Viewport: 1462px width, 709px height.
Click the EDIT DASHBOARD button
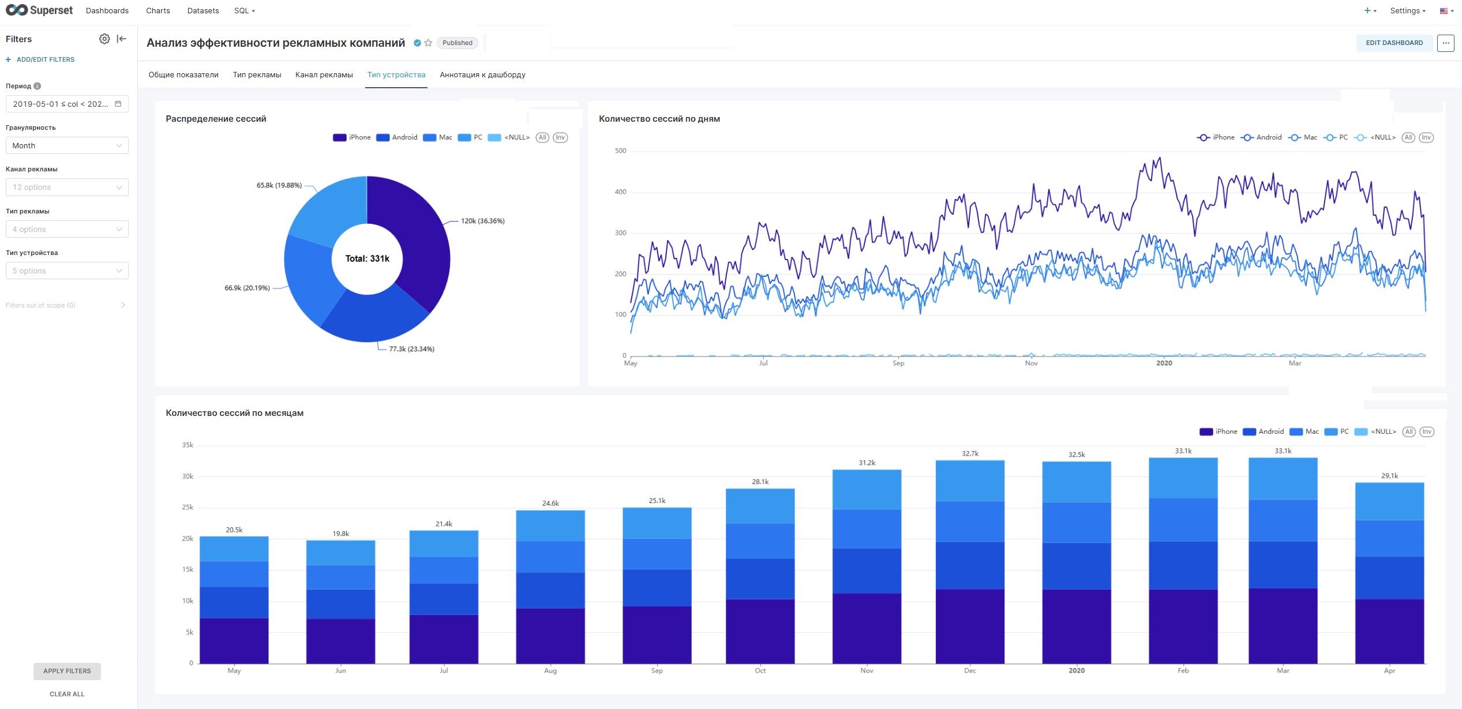point(1394,43)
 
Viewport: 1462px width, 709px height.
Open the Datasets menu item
point(203,10)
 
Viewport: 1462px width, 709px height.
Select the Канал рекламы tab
point(324,74)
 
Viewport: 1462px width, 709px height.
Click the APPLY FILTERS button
point(67,671)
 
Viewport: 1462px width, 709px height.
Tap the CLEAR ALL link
point(67,694)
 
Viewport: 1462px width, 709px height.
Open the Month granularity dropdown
point(67,145)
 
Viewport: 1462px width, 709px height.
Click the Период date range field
point(67,104)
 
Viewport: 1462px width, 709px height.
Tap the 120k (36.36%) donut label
point(482,221)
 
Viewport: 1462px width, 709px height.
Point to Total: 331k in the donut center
point(367,258)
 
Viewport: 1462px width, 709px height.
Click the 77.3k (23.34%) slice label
point(411,349)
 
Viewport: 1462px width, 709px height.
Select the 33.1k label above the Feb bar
point(1183,451)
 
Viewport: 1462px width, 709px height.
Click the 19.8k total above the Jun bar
point(340,534)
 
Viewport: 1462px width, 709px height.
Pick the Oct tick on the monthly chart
point(760,670)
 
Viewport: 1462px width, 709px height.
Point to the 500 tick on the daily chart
point(620,151)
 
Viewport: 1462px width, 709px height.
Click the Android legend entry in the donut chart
point(397,137)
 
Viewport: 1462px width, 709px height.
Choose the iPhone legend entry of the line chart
point(1216,137)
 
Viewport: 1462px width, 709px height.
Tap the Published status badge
point(457,43)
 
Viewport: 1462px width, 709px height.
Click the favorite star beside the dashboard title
point(428,43)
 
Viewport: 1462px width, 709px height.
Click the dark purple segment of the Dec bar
point(970,626)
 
